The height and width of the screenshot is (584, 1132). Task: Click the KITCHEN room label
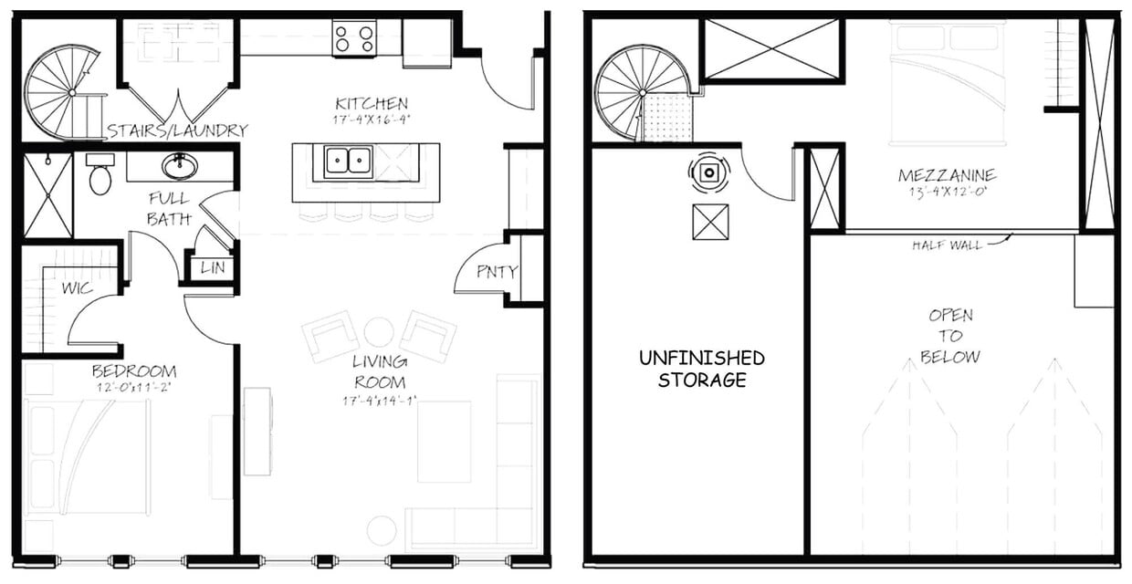point(371,103)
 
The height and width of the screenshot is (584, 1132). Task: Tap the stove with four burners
point(354,38)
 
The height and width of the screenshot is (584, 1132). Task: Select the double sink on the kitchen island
point(347,162)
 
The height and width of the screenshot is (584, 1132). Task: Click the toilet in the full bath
point(100,175)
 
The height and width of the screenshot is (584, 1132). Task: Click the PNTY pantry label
point(498,271)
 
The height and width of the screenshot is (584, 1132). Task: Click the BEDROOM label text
point(134,371)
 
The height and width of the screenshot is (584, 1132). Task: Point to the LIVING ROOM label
point(380,372)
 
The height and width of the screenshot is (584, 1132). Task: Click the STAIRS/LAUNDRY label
point(176,130)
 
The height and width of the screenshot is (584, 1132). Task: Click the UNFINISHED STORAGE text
point(701,369)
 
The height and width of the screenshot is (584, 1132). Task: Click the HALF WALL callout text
point(947,245)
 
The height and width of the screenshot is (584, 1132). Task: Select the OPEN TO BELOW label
point(950,335)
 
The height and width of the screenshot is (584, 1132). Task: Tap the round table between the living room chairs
point(378,331)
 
